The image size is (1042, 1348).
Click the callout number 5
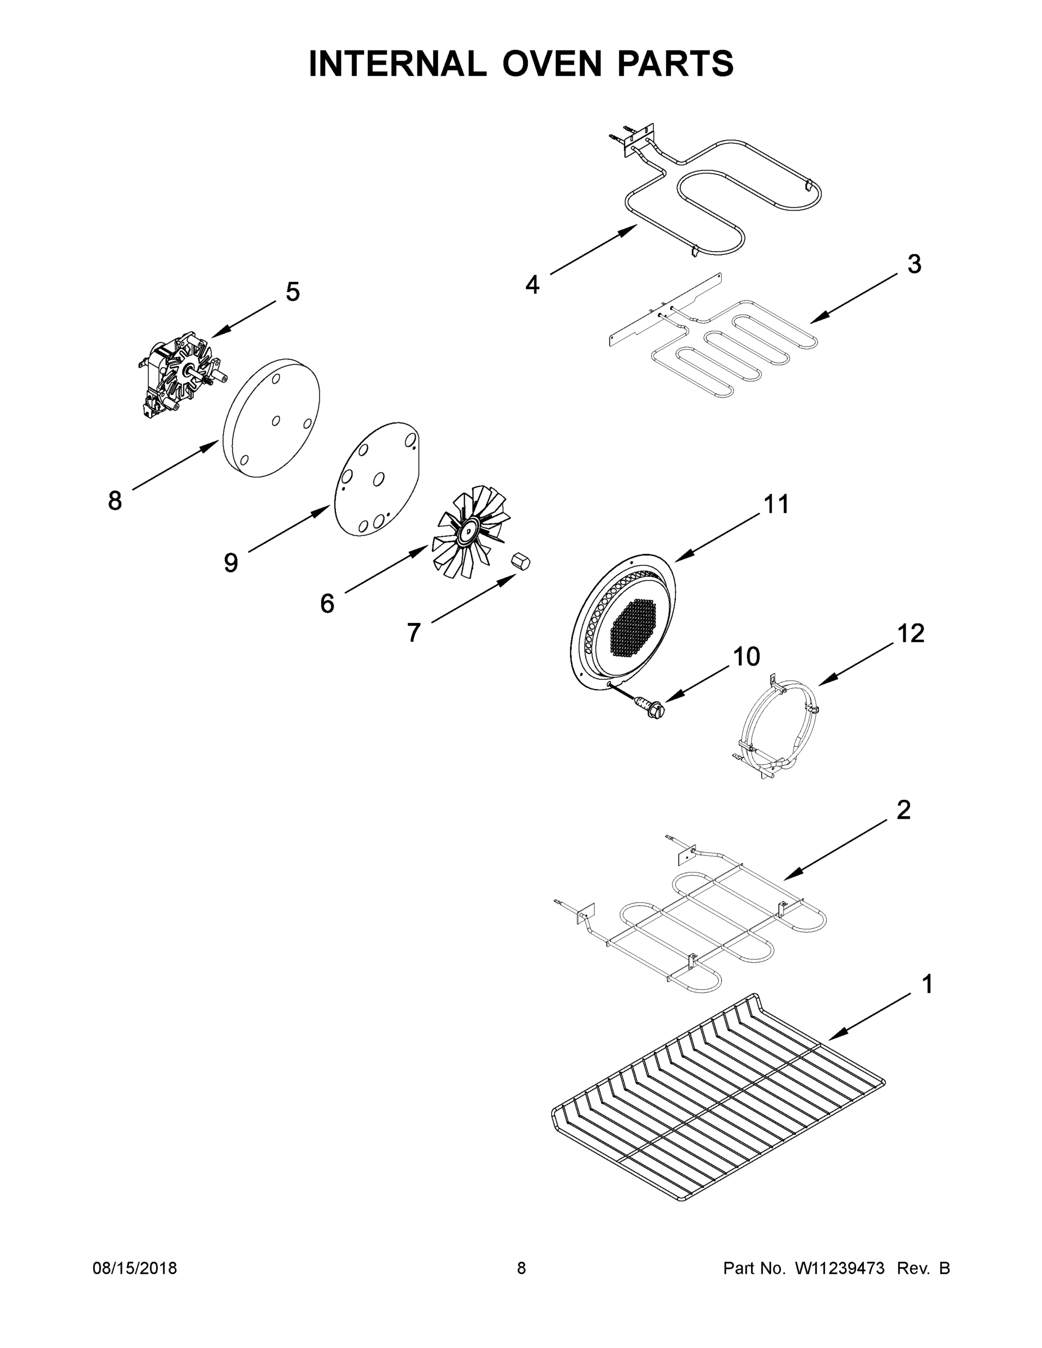[293, 292]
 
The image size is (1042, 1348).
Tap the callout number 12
[911, 633]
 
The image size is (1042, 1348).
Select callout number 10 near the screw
[747, 657]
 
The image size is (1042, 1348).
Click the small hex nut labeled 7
[521, 562]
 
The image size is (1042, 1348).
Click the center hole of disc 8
[276, 420]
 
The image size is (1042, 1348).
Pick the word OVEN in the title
[551, 63]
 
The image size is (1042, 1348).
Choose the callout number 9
[231, 562]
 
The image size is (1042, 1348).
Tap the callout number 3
[914, 264]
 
